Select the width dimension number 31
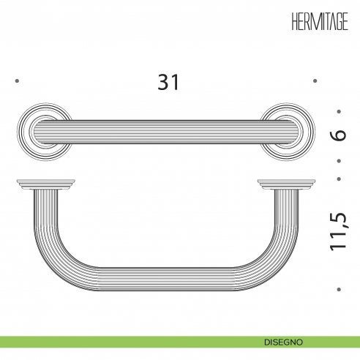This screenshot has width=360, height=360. (168, 81)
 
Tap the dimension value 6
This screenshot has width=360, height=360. (337, 135)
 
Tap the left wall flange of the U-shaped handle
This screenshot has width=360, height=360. (45, 184)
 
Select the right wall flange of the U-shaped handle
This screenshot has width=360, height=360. (288, 184)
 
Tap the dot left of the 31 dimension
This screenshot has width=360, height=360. (16, 81)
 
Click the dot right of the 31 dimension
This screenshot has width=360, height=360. (315, 81)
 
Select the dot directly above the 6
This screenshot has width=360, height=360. (339, 112)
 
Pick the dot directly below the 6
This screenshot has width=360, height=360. (339, 160)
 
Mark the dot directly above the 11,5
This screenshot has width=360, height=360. (339, 178)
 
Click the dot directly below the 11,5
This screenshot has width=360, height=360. (339, 288)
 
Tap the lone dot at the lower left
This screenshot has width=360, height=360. (16, 288)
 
